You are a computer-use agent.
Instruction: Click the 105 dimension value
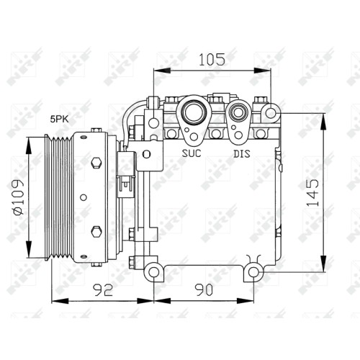212,59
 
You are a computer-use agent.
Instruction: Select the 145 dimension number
312,193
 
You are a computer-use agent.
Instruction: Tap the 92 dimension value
103,289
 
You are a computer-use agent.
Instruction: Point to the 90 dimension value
204,289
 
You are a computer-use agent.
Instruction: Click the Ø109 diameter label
19,197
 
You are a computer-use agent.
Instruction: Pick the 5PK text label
59,120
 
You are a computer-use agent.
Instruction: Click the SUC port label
192,153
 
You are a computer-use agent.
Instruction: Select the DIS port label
242,153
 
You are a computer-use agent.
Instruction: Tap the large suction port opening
194,112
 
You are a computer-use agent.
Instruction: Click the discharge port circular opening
238,113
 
